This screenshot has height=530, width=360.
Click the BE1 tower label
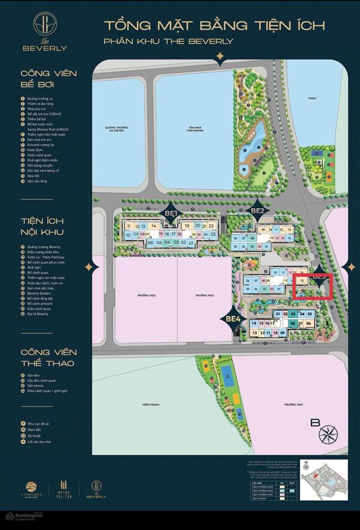click(x=170, y=213)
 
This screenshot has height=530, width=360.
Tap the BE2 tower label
click(x=258, y=210)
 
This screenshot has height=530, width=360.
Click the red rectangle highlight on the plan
click(x=313, y=287)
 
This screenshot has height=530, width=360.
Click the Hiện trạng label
click(x=150, y=405)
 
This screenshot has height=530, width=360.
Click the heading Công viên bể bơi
click(x=49, y=78)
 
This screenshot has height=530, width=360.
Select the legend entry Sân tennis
click(x=34, y=385)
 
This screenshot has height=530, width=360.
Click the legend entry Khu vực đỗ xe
click(x=38, y=423)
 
